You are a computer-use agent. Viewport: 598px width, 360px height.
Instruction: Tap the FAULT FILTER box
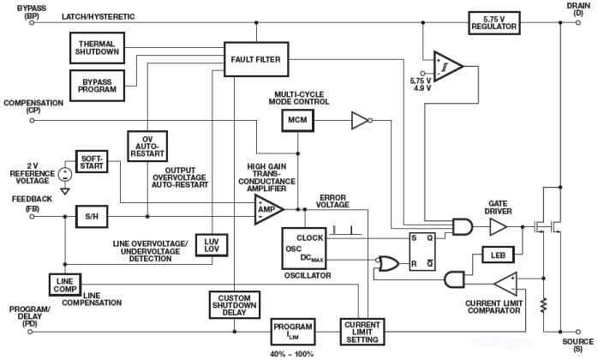point(256,59)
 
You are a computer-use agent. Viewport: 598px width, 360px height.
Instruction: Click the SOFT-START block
point(92,161)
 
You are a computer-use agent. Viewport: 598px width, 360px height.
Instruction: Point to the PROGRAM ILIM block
point(293,328)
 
